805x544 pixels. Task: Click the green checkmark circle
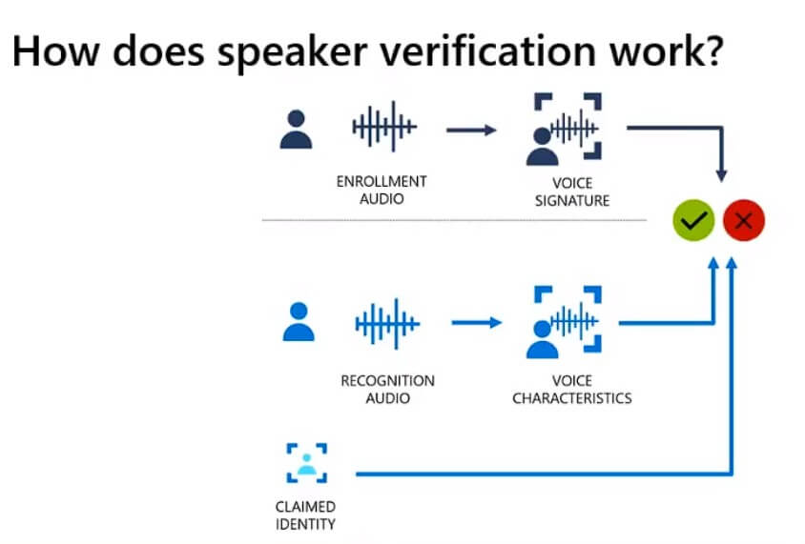tap(693, 220)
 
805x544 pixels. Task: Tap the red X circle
tap(744, 220)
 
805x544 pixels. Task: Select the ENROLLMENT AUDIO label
tap(382, 190)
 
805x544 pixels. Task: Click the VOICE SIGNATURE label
tap(572, 191)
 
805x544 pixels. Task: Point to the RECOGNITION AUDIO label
tap(387, 389)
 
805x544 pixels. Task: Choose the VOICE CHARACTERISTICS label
tap(572, 389)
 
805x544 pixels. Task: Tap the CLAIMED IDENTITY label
tap(305, 515)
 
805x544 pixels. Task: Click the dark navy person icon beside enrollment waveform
tap(296, 130)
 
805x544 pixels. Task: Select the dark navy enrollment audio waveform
tap(384, 127)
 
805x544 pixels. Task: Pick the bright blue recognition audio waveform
tap(387, 324)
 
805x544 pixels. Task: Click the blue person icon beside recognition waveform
tap(299, 321)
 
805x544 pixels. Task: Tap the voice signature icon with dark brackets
tap(564, 130)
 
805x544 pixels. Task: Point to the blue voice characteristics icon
tap(564, 322)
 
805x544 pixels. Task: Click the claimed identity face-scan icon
tap(306, 463)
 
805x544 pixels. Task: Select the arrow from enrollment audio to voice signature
tap(471, 131)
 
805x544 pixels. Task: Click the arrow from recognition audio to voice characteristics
tap(477, 323)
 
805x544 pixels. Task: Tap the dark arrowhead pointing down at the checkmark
tap(721, 175)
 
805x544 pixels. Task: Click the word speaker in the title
tap(292, 52)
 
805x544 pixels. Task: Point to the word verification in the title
tap(487, 51)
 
